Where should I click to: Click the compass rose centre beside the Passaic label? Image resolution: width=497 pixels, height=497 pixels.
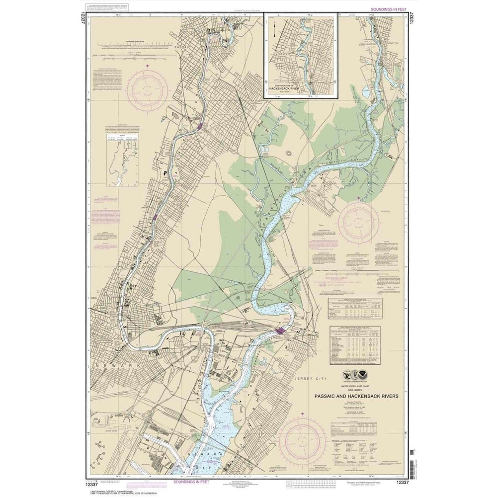[147, 90]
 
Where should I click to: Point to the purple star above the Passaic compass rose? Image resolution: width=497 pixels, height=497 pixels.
[147, 66]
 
